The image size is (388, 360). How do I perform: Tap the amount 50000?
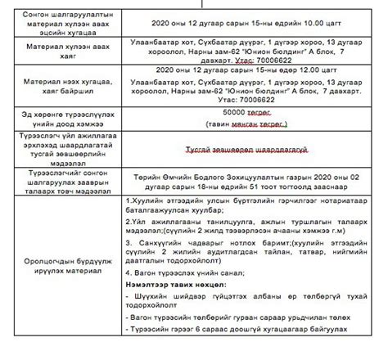236,110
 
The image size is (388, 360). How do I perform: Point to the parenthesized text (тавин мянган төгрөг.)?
246,123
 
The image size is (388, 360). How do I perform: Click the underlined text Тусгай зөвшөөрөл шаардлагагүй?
246,151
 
